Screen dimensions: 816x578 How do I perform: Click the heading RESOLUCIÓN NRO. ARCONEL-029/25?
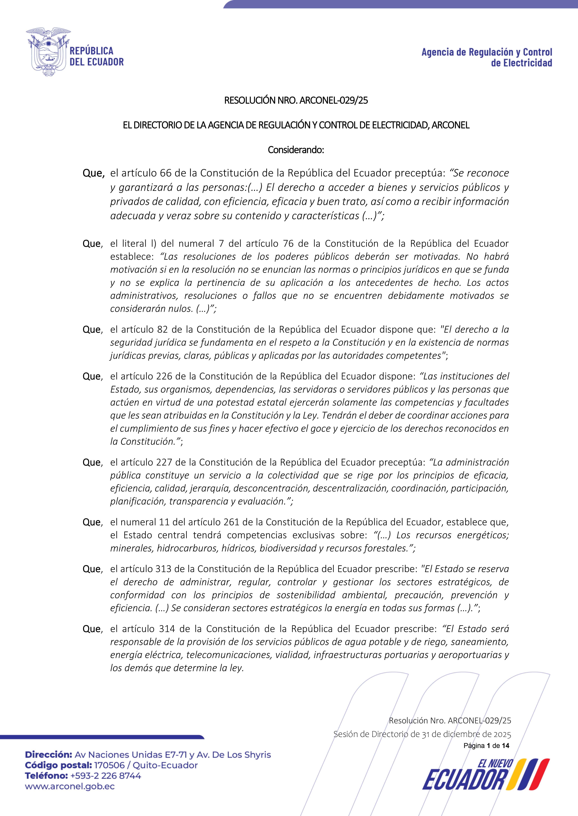click(x=296, y=101)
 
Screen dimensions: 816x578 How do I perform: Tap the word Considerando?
click(x=296, y=150)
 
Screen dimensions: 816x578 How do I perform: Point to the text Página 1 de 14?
click(x=486, y=746)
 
